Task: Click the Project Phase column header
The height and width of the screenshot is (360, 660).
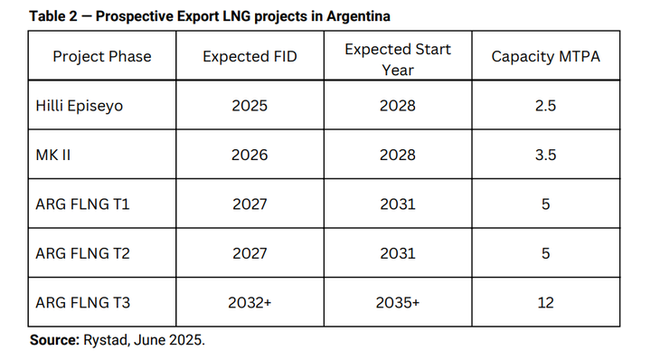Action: coord(102,56)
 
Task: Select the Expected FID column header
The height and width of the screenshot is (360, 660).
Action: coord(250,56)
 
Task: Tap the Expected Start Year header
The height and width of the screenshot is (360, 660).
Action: coord(397,56)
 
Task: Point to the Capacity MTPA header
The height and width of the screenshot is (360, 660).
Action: coord(545,56)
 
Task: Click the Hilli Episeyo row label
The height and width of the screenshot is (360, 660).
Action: coord(79,106)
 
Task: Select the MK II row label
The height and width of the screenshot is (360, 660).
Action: coord(52,155)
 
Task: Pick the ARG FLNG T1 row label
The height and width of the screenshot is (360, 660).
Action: coord(82,204)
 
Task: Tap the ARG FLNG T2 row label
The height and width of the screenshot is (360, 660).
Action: coord(82,253)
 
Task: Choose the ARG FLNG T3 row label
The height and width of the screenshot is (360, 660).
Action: coord(82,302)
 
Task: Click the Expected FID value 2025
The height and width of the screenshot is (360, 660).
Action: coord(250,106)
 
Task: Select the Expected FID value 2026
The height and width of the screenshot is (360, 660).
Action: coord(250,155)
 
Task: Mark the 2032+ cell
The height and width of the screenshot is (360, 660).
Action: coord(250,302)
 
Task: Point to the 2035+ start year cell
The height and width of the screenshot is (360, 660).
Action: coord(397,302)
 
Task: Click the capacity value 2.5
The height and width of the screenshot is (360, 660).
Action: coord(545,106)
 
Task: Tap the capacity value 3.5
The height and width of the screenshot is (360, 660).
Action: coord(545,155)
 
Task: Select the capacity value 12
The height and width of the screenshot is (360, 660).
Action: coord(545,302)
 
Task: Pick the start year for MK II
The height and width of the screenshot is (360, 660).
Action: coord(397,155)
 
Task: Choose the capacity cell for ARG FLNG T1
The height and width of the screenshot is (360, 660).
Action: coord(545,204)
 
